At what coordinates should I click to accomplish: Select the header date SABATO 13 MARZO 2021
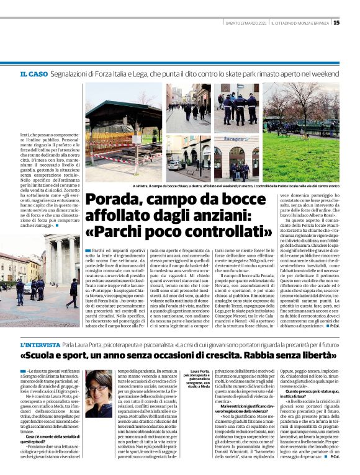245,23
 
